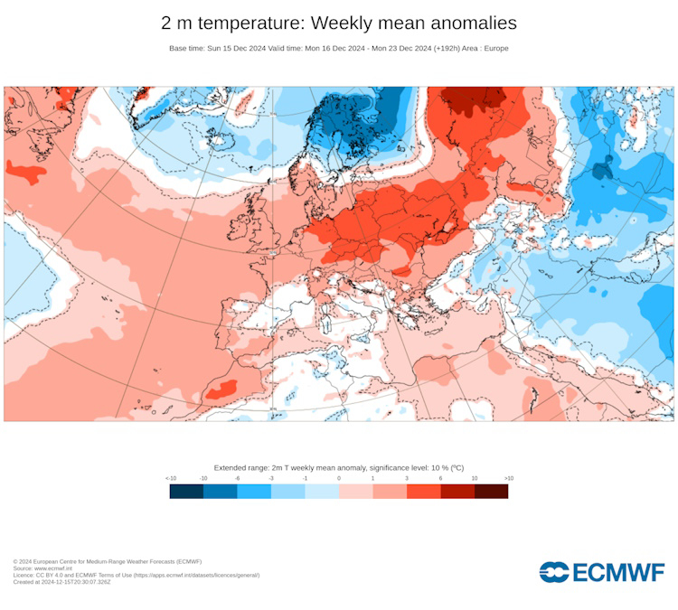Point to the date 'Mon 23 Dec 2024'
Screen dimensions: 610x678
pos(398,48)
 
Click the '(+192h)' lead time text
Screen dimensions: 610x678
pos(446,48)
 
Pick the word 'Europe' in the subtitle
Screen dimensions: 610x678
pos(495,48)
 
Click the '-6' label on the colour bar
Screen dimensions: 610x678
pos(237,477)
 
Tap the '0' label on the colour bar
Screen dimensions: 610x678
pos(339,477)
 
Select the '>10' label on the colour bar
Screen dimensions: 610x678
pos(508,477)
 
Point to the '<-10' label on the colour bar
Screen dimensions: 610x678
pos(170,477)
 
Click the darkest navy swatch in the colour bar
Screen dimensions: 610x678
pos(186,492)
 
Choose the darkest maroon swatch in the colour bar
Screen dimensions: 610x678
pos(491,492)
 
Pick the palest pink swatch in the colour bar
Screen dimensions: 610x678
pos(355,492)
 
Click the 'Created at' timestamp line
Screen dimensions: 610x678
pos(61,582)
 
